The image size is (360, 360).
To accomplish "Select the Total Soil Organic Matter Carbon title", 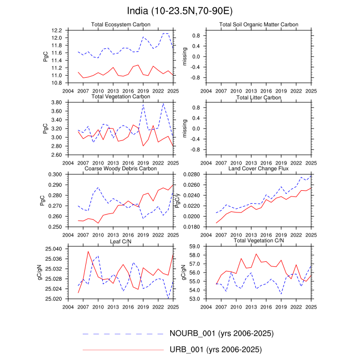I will coord(259,25).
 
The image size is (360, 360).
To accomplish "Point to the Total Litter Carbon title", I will coord(259,97).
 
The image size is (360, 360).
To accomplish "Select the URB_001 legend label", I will coord(215,350).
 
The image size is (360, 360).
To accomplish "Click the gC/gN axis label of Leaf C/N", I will coord(46,273).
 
